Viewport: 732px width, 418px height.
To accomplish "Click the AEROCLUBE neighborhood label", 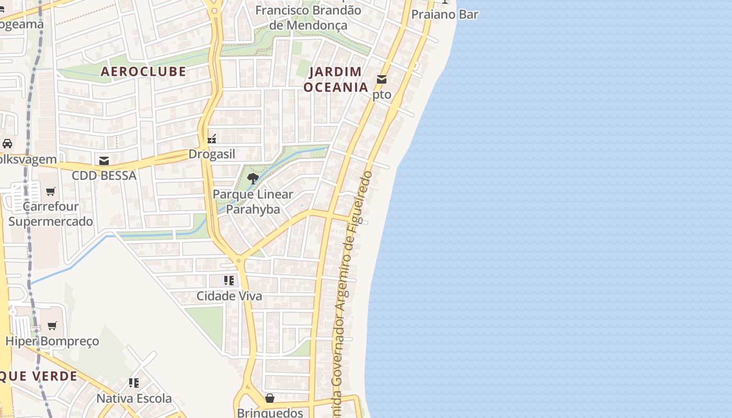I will (143, 72).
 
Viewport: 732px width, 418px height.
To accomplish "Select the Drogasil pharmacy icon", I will (212, 139).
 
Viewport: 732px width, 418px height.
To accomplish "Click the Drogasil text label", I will (212, 154).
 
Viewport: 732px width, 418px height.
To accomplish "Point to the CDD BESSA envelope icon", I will (104, 160).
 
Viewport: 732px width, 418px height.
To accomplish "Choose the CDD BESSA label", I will (104, 176).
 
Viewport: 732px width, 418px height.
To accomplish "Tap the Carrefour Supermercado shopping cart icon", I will (51, 191).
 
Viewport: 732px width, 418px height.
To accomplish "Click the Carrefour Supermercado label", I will (51, 214).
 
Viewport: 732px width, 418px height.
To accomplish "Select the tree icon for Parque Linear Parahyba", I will (253, 179).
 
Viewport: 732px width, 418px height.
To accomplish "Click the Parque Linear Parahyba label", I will (253, 202).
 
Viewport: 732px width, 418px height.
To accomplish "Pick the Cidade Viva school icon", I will (229, 281).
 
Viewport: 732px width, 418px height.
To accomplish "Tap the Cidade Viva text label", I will (229, 296).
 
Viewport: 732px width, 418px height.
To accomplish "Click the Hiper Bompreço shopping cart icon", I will (52, 326).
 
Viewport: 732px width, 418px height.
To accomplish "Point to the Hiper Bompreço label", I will (52, 342).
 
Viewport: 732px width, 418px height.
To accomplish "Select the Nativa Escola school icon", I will (134, 383).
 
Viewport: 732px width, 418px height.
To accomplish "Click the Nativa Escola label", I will (134, 399).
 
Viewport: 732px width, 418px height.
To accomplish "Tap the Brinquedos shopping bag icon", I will (270, 398).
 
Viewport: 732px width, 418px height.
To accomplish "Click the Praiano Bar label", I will (444, 15).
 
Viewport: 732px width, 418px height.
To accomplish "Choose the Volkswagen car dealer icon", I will (7, 144).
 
